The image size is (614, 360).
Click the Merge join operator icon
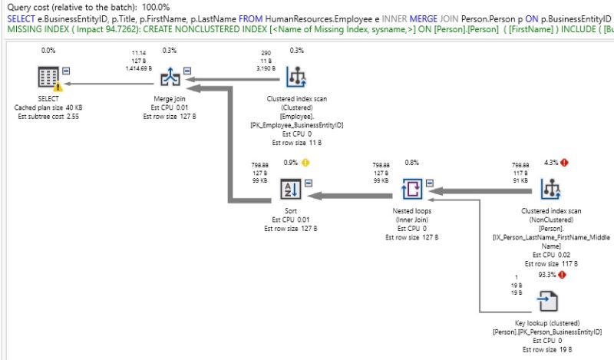click(x=170, y=78)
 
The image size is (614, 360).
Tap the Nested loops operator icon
click(x=412, y=187)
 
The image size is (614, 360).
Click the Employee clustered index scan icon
click(x=295, y=78)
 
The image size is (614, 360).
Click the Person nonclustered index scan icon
click(x=550, y=187)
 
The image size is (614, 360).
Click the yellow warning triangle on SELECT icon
click(x=58, y=87)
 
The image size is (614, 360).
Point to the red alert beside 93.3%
click(x=563, y=274)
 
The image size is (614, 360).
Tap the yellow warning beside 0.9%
click(x=305, y=163)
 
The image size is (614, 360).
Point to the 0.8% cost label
click(x=411, y=163)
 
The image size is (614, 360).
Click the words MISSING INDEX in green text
click(x=29, y=30)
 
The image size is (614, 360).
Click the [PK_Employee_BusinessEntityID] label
click(x=295, y=124)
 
